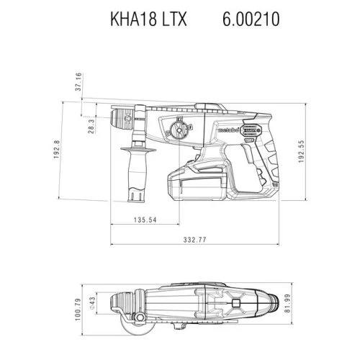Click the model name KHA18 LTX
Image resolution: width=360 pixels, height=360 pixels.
click(x=148, y=19)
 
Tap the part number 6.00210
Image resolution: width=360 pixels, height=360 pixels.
click(x=251, y=19)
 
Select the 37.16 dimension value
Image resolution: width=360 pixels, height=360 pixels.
click(x=78, y=82)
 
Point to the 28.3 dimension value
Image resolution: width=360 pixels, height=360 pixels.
click(x=91, y=126)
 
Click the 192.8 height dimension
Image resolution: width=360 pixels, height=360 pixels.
click(x=57, y=149)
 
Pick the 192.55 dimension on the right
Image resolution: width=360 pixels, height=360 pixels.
click(x=302, y=151)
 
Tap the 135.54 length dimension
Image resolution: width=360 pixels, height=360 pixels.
click(x=145, y=220)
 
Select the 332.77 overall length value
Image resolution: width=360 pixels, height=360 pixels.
click(x=194, y=240)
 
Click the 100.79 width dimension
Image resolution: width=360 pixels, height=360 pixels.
click(x=78, y=310)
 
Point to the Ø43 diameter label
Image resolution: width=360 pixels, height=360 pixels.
click(x=93, y=303)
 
